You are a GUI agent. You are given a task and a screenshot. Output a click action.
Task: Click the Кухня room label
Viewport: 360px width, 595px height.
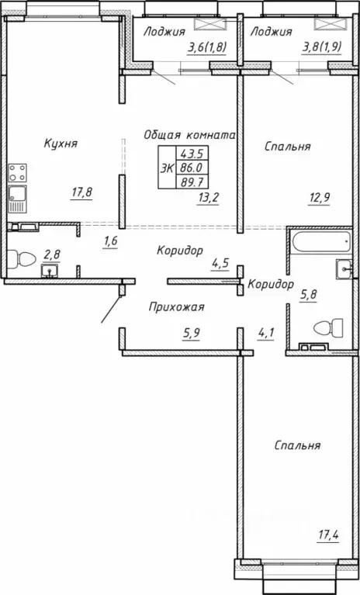61,144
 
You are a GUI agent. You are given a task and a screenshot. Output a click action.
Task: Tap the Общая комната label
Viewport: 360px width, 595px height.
189,134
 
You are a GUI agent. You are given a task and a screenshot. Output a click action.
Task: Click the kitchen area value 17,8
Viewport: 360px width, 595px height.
81,192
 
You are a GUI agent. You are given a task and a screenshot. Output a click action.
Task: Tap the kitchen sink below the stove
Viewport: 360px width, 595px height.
17,199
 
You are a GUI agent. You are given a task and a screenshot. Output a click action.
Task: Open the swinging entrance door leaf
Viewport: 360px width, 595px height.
112,307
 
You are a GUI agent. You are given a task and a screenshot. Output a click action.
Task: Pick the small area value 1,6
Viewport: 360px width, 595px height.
111,240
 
